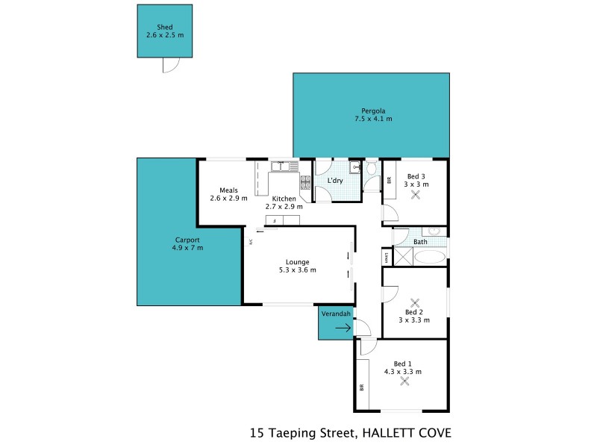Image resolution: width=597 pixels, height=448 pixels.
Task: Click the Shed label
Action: click(x=165, y=27)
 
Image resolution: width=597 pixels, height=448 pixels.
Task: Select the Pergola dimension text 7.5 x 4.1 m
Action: click(x=373, y=119)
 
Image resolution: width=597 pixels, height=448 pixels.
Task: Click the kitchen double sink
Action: click(x=284, y=166)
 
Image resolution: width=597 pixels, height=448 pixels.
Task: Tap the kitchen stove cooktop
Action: click(x=305, y=181)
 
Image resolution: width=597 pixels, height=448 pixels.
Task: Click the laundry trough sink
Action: click(x=356, y=167)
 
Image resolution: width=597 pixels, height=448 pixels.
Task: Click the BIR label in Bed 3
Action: click(x=389, y=180)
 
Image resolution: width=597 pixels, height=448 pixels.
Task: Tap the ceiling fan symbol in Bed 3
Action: click(x=416, y=195)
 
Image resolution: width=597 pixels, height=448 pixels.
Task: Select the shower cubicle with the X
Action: click(x=401, y=258)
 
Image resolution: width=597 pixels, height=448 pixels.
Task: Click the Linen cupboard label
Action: click(x=386, y=258)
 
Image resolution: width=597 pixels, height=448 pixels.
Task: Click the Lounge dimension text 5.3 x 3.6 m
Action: click(x=297, y=270)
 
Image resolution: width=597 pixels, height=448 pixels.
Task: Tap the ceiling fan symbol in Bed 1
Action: click(x=405, y=381)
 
